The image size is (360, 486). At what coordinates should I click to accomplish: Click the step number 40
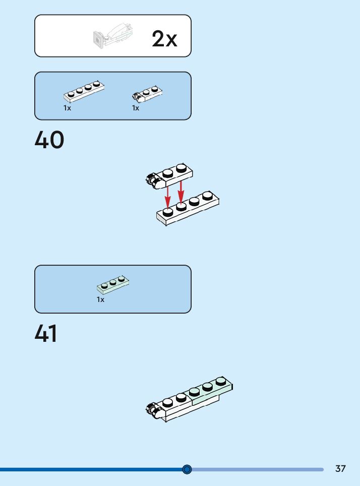[49, 140]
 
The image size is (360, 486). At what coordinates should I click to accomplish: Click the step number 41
[46, 334]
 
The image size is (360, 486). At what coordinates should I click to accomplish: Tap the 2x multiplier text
[164, 39]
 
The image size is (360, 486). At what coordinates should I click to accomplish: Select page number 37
[340, 469]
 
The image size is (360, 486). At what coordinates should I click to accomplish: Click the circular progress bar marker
[187, 469]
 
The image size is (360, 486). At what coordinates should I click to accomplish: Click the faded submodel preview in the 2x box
[114, 35]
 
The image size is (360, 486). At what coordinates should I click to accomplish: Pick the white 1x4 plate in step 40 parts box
[84, 91]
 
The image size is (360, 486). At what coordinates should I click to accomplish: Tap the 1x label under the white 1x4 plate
[67, 108]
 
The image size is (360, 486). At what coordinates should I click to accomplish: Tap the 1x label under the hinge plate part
[136, 108]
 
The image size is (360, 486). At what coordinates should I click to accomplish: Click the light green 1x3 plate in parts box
[113, 285]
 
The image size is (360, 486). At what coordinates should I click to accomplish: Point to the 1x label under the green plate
[100, 299]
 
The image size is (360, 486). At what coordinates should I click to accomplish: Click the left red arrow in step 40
[168, 197]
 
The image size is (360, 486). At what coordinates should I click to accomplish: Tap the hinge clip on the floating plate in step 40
[152, 179]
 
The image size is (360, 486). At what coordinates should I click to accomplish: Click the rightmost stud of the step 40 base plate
[207, 196]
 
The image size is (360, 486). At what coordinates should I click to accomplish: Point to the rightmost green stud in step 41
[221, 381]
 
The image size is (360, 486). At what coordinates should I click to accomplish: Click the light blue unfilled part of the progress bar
[257, 469]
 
